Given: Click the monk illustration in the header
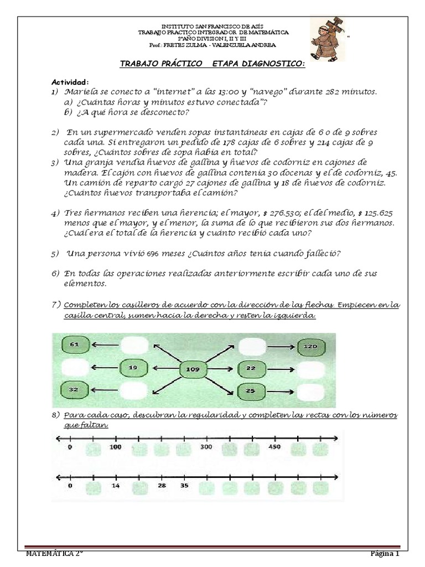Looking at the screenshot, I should tap(326, 38).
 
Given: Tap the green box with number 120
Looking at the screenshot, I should tap(310, 347).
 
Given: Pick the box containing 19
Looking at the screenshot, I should tap(133, 367).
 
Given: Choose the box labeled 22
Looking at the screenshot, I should tap(251, 368).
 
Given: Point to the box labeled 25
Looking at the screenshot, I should tap(250, 391).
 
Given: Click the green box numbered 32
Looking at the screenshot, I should tap(74, 390).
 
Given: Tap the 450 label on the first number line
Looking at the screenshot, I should tap(275, 446).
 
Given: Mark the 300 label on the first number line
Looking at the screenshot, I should tap(206, 446).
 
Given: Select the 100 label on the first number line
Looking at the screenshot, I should tap(115, 446).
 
